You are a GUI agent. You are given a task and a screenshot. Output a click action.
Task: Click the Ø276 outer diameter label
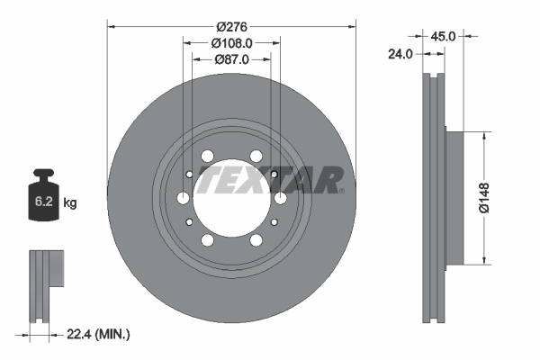pyautogui.click(x=232, y=26)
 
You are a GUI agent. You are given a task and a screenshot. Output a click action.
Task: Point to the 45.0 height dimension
pyautogui.click(x=443, y=37)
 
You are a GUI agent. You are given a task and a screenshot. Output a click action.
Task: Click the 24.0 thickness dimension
pyautogui.click(x=400, y=54)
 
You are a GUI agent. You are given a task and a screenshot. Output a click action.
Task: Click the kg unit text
pyautogui.click(x=70, y=203)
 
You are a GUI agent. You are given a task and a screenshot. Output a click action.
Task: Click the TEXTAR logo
pyautogui.click(x=267, y=179)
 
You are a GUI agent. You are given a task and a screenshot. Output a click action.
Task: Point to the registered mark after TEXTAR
pyautogui.click(x=341, y=190)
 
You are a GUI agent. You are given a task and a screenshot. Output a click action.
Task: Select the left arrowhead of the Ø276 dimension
pyautogui.click(x=112, y=26)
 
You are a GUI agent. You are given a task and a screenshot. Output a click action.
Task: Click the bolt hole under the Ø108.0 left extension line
pyautogui.click(x=184, y=198)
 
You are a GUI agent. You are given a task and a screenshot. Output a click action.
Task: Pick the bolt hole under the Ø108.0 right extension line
pyautogui.click(x=280, y=198)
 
